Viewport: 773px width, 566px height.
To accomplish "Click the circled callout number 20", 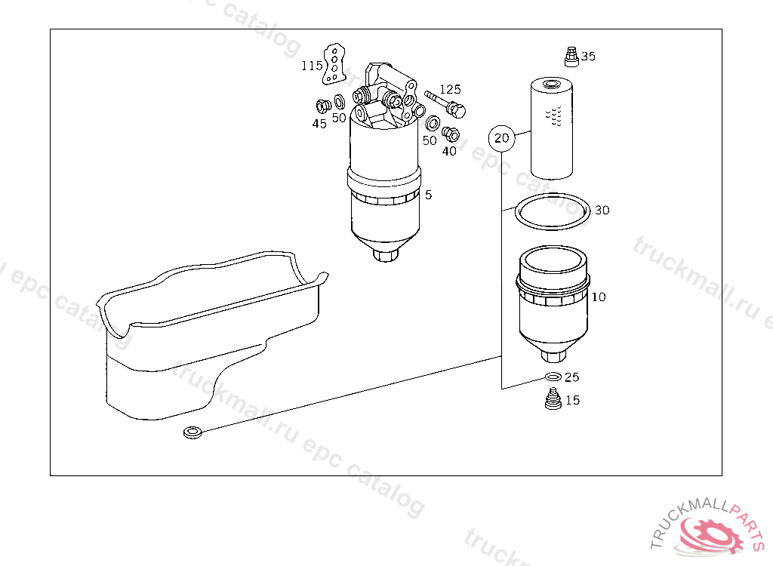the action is (501, 138).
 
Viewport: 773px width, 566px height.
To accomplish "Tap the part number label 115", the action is (312, 66).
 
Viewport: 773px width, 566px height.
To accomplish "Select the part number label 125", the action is (450, 89).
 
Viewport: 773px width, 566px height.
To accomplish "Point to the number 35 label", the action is (588, 56).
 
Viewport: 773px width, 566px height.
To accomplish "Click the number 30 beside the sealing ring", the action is (602, 211).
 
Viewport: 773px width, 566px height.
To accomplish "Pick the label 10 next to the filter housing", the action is (599, 297).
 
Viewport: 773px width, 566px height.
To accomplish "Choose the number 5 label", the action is (429, 195).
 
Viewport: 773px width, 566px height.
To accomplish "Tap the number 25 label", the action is (572, 377).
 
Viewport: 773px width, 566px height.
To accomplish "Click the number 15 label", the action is (573, 400).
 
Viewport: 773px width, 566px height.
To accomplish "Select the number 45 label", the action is (319, 124).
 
